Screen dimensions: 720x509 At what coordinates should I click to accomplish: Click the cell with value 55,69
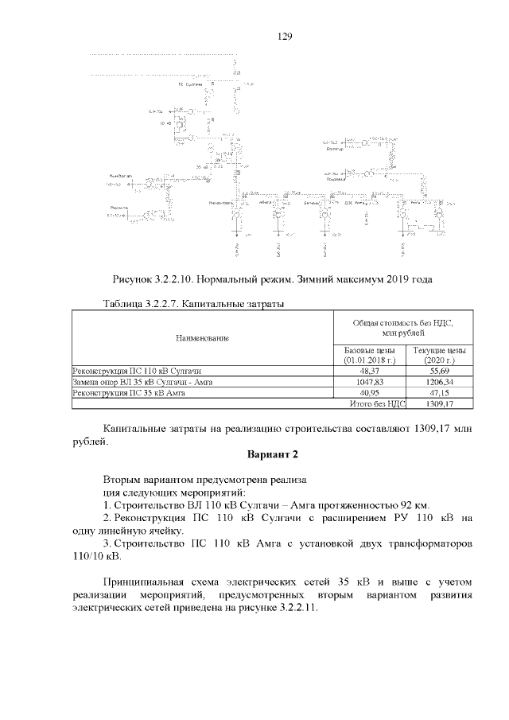coord(437,371)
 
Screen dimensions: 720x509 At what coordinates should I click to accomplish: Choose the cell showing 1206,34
coord(437,382)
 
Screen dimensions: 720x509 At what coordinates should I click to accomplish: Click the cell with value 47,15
coord(437,392)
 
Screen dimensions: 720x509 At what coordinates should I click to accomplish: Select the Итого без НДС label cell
coord(378,403)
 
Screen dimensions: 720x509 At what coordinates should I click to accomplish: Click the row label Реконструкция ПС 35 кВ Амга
coord(129,392)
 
